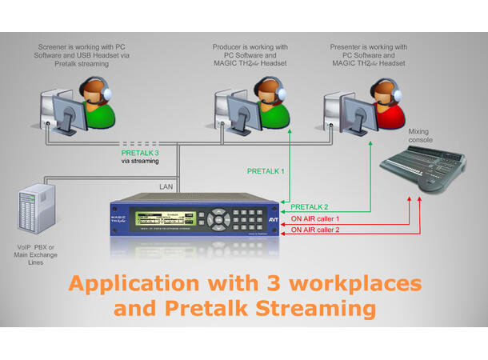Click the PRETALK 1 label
coord(266,171)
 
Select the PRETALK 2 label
coord(310,206)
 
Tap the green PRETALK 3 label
coord(141,152)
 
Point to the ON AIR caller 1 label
coord(315,218)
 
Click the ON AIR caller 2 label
coord(315,230)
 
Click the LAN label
coord(166,186)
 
